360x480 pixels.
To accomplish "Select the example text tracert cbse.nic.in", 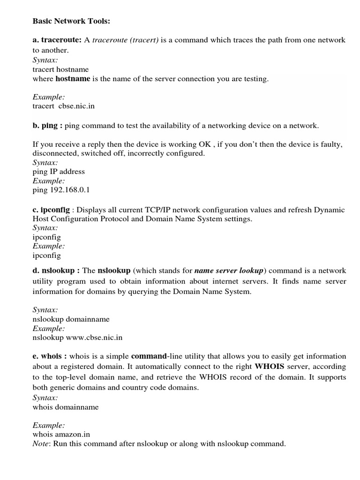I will (64, 106).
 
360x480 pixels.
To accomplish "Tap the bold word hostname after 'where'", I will (73, 79).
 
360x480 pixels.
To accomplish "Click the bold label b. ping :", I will (48, 125).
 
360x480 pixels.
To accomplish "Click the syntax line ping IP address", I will (59, 171).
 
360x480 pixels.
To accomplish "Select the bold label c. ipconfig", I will (51, 210).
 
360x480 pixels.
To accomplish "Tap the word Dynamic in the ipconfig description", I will (328, 210).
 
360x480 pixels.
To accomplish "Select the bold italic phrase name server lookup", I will (229, 270).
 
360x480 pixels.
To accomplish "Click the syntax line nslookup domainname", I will (71, 319).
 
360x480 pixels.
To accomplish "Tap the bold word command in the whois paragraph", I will (149, 356).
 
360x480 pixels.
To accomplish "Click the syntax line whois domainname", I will (66, 407).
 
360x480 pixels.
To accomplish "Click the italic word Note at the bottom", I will (41, 443).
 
